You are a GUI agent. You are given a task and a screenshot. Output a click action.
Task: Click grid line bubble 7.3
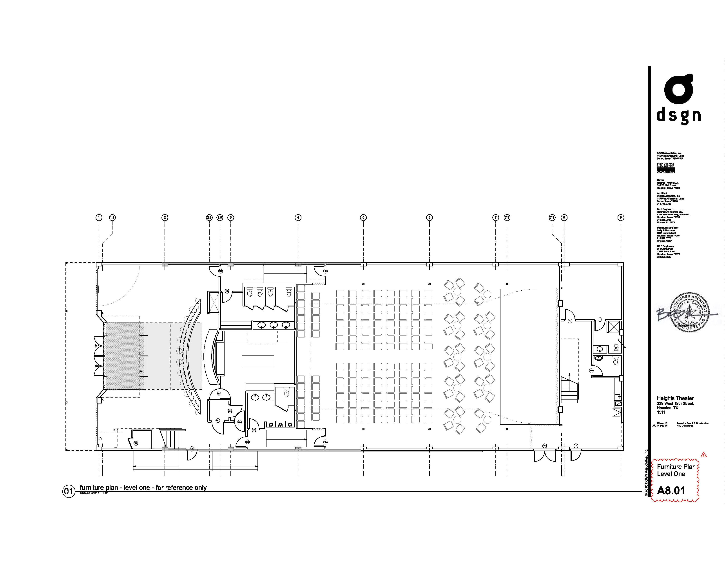coord(507,218)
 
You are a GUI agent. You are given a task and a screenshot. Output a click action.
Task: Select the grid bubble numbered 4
coord(298,218)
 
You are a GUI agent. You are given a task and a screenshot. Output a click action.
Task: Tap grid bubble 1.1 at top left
coord(112,218)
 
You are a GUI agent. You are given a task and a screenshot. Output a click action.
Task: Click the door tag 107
coord(220,271)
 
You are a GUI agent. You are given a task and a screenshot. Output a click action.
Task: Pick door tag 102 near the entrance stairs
coord(136,443)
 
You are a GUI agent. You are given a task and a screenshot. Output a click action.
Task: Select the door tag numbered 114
coord(570,321)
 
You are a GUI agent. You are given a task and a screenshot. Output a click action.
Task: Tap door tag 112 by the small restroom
coord(591,370)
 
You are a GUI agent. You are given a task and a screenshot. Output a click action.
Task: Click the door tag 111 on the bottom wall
coord(576,446)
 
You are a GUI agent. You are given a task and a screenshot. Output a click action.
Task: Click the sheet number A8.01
coord(671,491)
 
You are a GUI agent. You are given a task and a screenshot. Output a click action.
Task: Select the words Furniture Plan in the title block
coord(676,467)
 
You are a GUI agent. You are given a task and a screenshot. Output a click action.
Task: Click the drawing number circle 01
coord(68,491)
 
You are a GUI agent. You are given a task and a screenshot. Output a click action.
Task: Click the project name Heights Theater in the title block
coord(675,398)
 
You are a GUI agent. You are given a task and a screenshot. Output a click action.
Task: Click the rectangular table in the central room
coord(258,361)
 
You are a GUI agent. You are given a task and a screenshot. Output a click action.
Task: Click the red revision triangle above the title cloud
coord(703,454)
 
